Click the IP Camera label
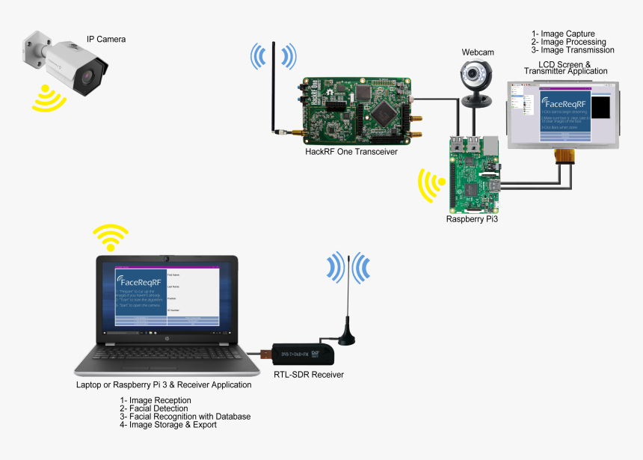point(105,39)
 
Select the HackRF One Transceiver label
point(351,151)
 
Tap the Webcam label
point(477,52)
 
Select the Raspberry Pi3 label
point(472,219)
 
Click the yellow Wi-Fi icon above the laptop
point(110,238)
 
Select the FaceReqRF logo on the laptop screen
point(140,282)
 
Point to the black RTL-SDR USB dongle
point(299,352)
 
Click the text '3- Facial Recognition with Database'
point(185,417)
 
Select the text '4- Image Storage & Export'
point(168,425)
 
